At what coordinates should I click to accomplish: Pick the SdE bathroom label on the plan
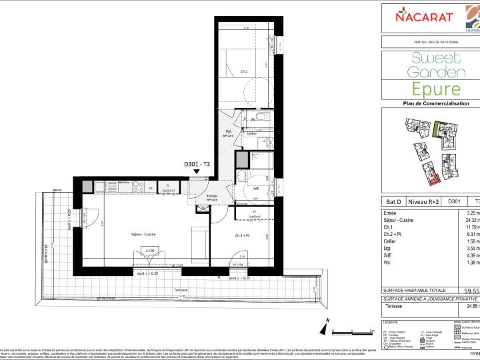(255, 189)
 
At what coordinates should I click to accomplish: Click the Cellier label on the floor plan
(252, 133)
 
